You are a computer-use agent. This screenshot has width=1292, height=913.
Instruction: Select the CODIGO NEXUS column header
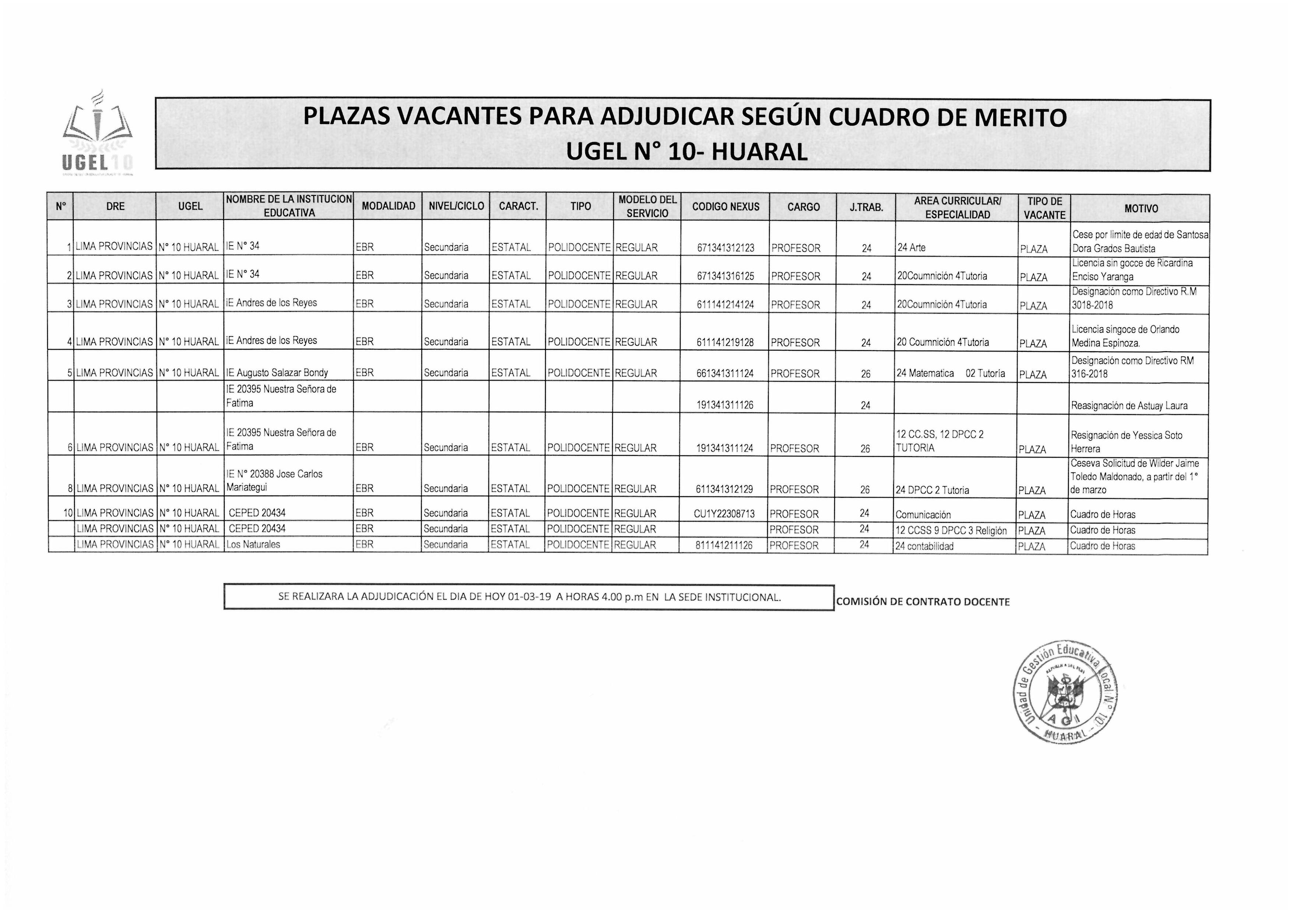click(725, 207)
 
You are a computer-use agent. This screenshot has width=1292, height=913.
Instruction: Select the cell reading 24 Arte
click(912, 247)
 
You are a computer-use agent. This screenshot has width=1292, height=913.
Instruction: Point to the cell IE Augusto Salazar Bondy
click(277, 373)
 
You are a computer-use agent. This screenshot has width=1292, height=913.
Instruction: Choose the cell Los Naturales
click(253, 544)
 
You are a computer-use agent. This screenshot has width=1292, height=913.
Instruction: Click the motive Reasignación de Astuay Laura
click(1129, 406)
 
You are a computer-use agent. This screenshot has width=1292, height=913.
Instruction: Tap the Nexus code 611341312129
click(724, 489)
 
